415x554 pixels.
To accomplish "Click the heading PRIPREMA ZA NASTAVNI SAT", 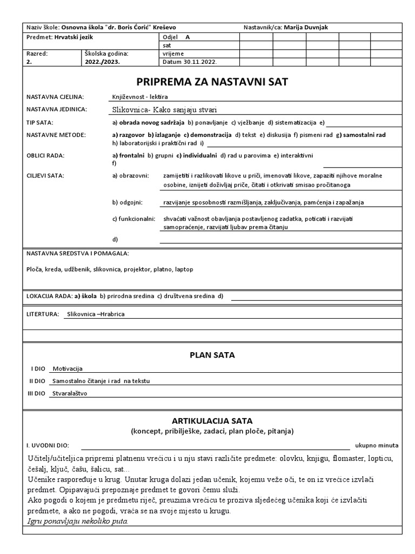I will coord(212,82).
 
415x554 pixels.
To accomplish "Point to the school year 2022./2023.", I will coord(103,62).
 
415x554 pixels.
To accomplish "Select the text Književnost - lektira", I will coord(140,96).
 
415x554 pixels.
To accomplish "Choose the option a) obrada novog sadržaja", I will coord(149,122).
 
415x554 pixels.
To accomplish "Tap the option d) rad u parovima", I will coord(245,156).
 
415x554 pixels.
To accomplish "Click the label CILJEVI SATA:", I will coord(45,176).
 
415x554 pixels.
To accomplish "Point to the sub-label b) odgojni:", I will coord(127,202).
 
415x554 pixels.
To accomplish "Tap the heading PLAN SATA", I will coord(212,355).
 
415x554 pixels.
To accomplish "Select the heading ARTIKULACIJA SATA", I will coord(212,420).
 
